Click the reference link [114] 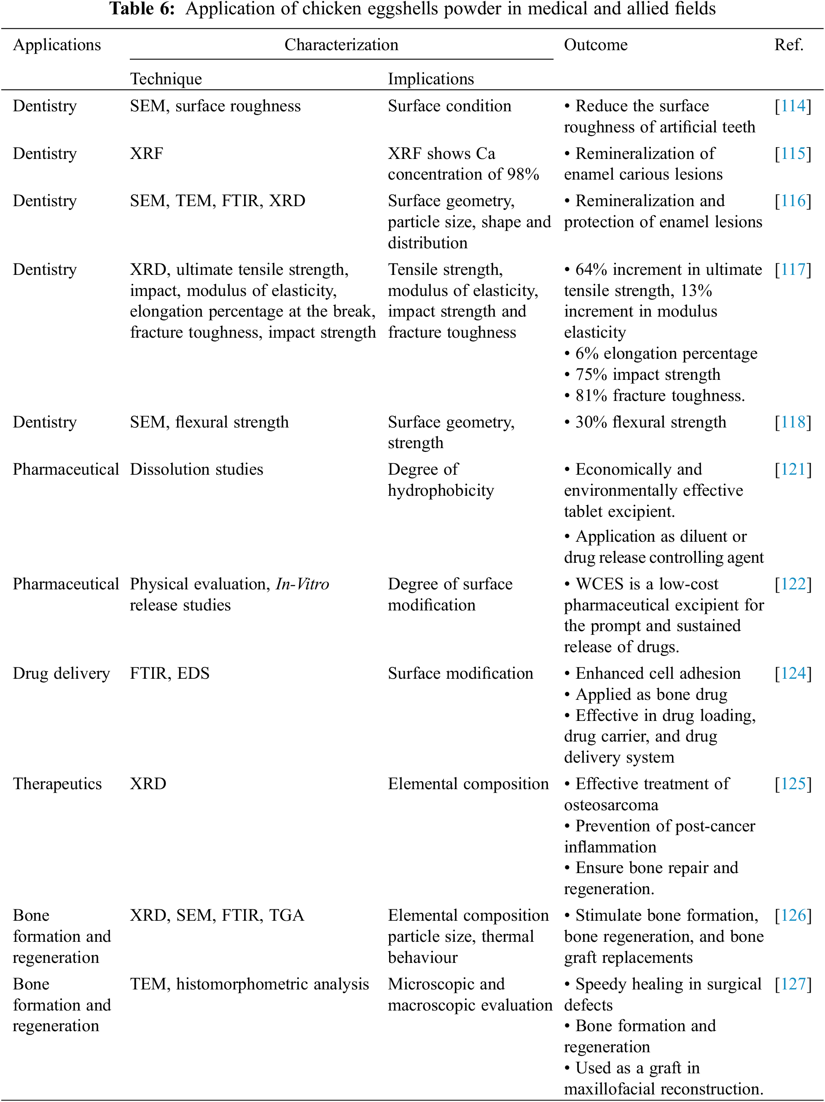point(793,106)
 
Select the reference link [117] point(793,269)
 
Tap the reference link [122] point(793,584)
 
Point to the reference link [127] point(793,984)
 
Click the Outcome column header point(595,45)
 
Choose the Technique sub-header point(166,79)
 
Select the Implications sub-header point(431,79)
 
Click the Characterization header point(341,45)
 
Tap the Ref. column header point(789,45)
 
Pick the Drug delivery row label point(61,674)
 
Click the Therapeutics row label point(57,784)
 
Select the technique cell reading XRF point(146,153)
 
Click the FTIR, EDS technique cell point(169,674)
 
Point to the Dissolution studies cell point(196,469)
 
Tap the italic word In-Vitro point(302,584)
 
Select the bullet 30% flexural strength point(650,422)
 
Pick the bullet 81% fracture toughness point(660,395)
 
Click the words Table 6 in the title point(142,9)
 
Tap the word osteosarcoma point(611,805)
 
